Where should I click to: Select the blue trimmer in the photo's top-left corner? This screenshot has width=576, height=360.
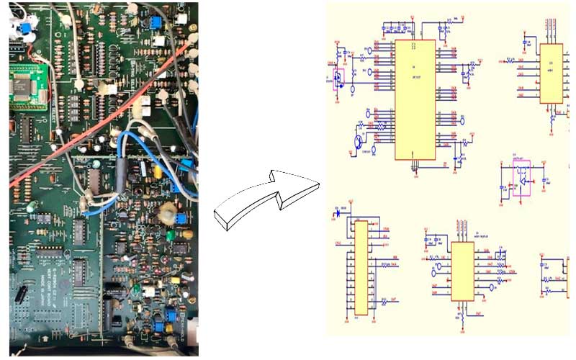coord(26,28)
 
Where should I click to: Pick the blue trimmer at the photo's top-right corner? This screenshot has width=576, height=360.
coord(154,23)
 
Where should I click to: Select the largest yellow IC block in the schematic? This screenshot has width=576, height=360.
coord(415,99)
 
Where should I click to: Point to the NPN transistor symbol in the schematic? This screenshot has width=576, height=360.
coord(358,140)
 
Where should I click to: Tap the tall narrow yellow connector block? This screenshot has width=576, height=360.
coord(361,267)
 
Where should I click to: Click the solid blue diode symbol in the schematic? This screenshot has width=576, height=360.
coord(338,212)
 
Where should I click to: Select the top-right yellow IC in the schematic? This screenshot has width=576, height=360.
coord(552,73)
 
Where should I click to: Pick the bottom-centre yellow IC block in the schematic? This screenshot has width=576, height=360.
coord(462,271)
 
